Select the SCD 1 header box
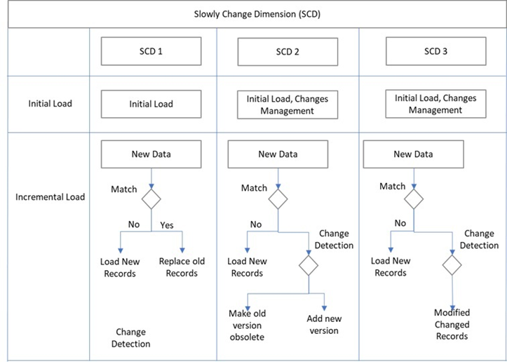tap(151, 51)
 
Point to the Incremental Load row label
tap(50, 196)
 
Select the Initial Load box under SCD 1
tap(151, 104)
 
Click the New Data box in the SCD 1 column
tap(151, 154)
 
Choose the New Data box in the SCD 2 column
tap(278, 154)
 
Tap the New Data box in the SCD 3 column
tap(412, 154)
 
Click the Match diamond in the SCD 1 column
tap(151, 199)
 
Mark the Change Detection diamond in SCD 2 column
tap(309, 264)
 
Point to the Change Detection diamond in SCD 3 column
tap(452, 264)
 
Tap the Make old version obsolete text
tap(245, 325)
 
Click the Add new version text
tap(323, 325)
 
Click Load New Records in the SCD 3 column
tap(391, 267)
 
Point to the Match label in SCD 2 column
tap(254, 188)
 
